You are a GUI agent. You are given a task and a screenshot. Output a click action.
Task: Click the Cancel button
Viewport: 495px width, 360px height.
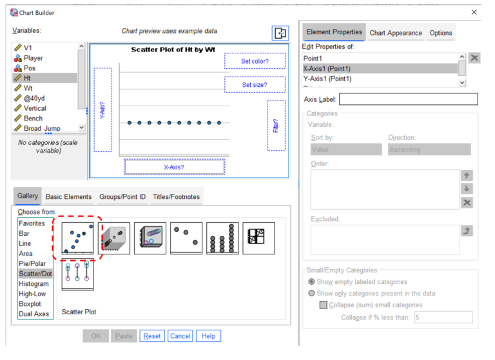pos(180,336)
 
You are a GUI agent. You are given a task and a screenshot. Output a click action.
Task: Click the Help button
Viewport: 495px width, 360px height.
pos(208,336)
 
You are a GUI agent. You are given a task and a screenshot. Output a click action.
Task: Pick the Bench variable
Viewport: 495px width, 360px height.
pos(33,118)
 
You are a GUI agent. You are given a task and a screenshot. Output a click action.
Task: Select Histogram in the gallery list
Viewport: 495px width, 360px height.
pos(34,284)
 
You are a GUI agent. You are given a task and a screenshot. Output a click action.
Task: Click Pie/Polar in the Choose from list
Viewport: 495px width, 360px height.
pos(33,263)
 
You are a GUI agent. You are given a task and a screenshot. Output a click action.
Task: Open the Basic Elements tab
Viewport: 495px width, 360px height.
pos(68,196)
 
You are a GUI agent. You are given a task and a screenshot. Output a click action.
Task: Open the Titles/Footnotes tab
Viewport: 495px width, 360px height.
pos(176,196)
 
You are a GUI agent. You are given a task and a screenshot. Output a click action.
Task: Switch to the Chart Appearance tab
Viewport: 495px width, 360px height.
pos(396,33)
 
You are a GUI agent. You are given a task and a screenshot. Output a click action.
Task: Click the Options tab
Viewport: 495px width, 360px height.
pos(441,33)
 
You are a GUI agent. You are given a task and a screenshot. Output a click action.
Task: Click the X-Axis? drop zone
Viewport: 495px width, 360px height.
pos(174,167)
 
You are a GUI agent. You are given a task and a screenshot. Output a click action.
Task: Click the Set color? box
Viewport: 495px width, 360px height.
pos(255,61)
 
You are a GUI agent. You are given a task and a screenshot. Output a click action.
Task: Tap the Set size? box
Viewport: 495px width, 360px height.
pos(255,84)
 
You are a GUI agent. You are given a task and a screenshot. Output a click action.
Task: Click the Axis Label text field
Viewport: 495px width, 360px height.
pos(408,99)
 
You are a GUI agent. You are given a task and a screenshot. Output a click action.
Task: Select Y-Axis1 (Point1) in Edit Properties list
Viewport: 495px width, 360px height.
pos(327,79)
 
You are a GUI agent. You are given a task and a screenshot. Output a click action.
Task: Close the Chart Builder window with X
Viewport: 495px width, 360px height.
pos(475,12)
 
